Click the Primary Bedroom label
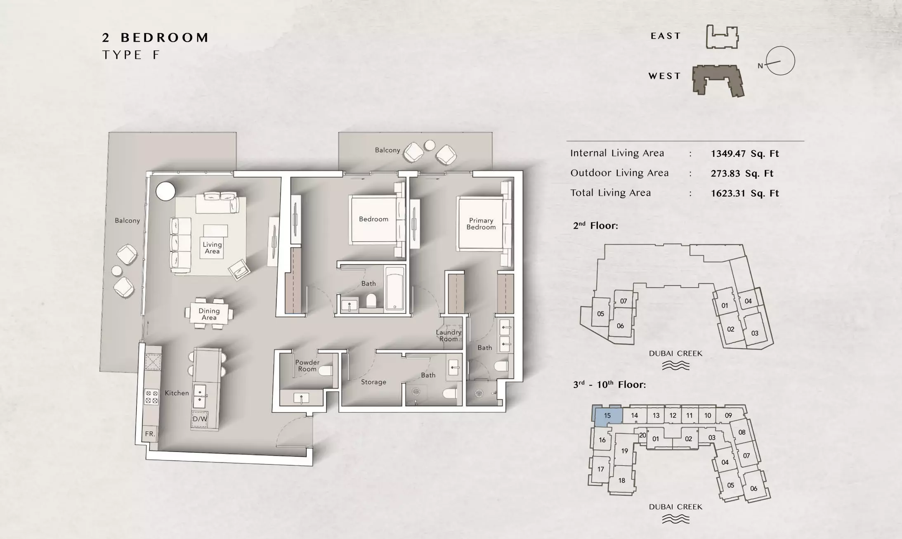pyautogui.click(x=481, y=224)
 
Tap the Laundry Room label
pyautogui.click(x=449, y=336)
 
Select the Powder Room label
pyautogui.click(x=307, y=366)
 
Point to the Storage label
pyautogui.click(x=373, y=382)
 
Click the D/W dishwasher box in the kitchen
pyautogui.click(x=200, y=419)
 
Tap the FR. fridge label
pyautogui.click(x=150, y=434)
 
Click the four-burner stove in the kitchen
pyautogui.click(x=151, y=397)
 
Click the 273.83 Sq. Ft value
pyautogui.click(x=742, y=173)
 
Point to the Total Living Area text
pyautogui.click(x=610, y=193)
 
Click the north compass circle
pyautogui.click(x=780, y=61)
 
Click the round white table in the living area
pyautogui.click(x=165, y=191)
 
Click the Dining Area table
pyautogui.click(x=209, y=314)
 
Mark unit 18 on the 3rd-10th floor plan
pyautogui.click(x=621, y=480)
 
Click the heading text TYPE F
pyautogui.click(x=131, y=55)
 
